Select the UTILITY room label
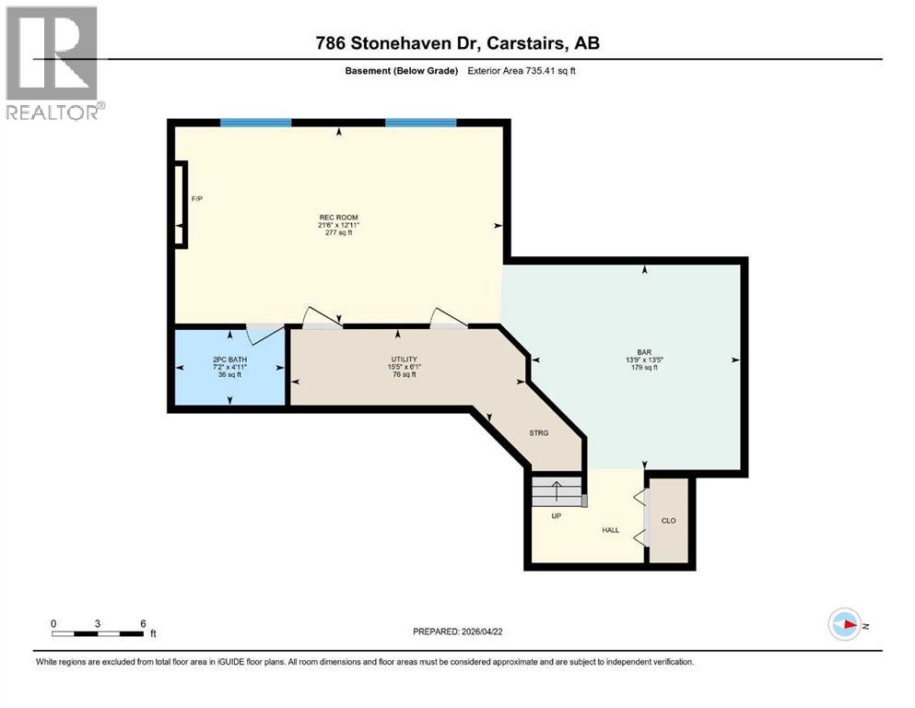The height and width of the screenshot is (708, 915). [x=404, y=360]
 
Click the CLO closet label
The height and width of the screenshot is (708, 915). [x=669, y=521]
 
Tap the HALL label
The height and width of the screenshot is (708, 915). [x=611, y=530]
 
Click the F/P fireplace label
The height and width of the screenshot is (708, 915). [x=196, y=199]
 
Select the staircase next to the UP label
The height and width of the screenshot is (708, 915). [x=558, y=491]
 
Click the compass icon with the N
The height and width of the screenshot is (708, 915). [x=844, y=624]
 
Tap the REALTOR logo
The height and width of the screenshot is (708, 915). [x=52, y=63]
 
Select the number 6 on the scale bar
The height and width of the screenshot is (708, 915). [x=143, y=622]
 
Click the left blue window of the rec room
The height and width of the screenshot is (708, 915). [x=256, y=122]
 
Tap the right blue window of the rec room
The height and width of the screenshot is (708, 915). [x=420, y=122]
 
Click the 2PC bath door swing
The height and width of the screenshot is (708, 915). [x=266, y=333]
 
